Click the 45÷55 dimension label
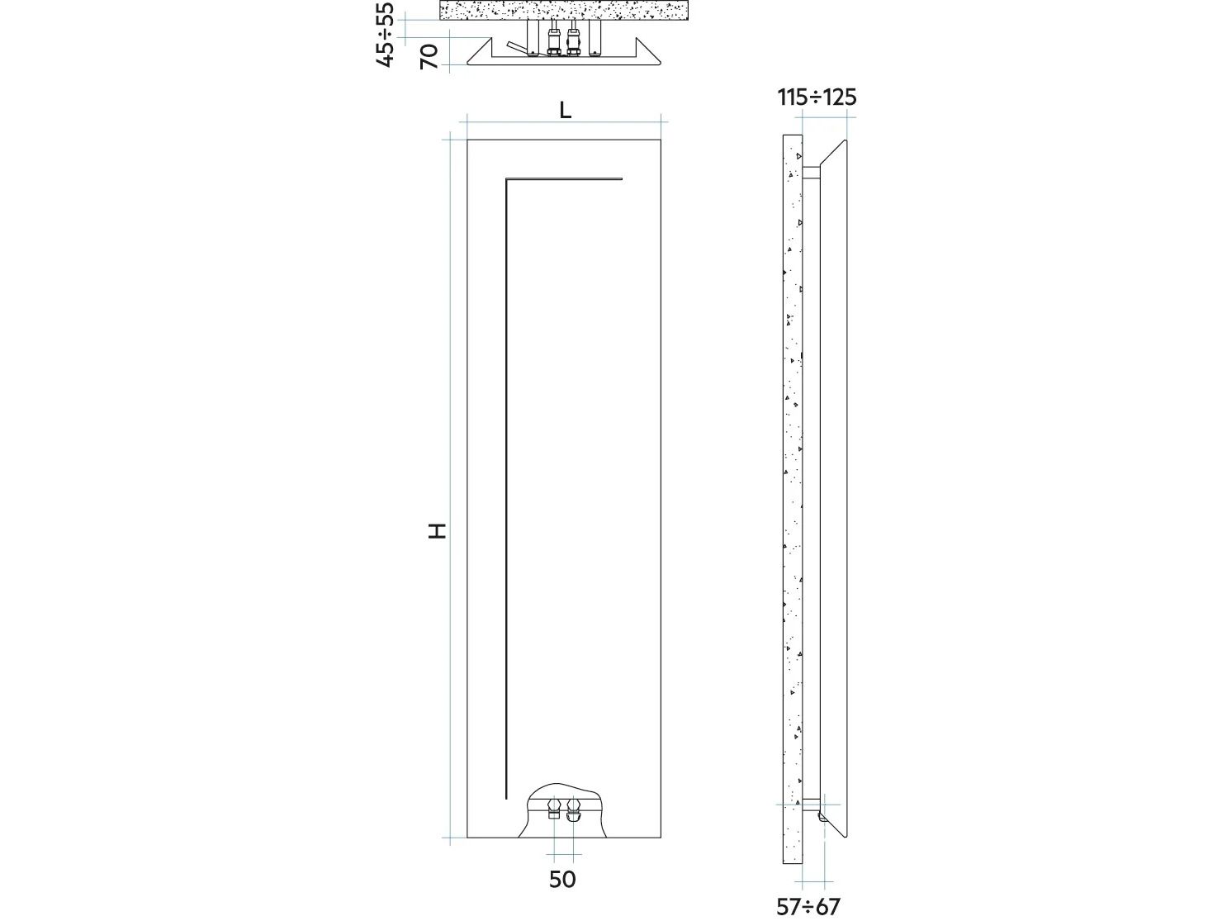pyautogui.click(x=385, y=34)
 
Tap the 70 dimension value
pyautogui.click(x=429, y=57)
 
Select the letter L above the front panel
pyautogui.click(x=566, y=111)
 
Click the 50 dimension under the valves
pyautogui.click(x=562, y=880)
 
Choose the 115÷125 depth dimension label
pyautogui.click(x=817, y=97)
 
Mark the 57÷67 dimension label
pyautogui.click(x=808, y=907)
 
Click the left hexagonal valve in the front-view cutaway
pyautogui.click(x=554, y=805)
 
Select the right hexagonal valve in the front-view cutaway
pyautogui.click(x=574, y=805)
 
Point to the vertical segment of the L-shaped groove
pyautogui.click(x=505, y=487)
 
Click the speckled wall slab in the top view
pyautogui.click(x=565, y=11)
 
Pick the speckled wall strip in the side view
pyautogui.click(x=792, y=496)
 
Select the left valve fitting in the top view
pyautogui.click(x=554, y=41)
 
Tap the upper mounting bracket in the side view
pyautogui.click(x=812, y=173)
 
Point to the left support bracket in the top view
pyautogui.click(x=533, y=38)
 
